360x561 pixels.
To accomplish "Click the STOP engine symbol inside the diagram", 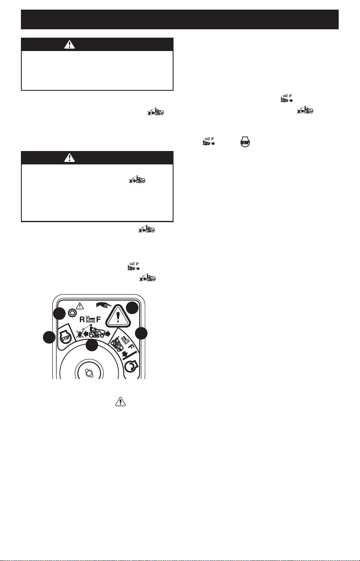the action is click(65, 338).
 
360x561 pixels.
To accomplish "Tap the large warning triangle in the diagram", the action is click(118, 315).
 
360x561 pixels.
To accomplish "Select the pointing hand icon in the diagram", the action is click(103, 305).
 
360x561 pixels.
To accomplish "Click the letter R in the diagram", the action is click(82, 319).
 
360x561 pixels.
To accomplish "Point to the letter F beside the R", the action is click(98, 319).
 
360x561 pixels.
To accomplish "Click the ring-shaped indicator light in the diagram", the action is click(73, 313).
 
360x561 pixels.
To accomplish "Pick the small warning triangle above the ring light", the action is click(79, 305).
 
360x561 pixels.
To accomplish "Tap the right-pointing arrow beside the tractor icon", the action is click(107, 333).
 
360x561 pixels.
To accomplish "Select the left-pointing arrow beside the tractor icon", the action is click(86, 333).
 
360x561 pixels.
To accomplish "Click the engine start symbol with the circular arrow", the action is click(131, 367).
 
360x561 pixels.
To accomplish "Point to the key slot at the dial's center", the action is click(89, 373).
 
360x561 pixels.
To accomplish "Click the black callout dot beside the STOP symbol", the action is click(49, 337).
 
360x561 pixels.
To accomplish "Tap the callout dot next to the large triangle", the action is click(132, 308).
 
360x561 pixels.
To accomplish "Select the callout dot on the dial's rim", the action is click(92, 345).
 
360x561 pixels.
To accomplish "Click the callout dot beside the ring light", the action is click(59, 313).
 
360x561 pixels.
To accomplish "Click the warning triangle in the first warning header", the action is click(69, 44).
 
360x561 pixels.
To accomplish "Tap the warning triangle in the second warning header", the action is click(69, 158).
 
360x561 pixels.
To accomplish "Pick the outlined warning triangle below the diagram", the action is click(120, 401).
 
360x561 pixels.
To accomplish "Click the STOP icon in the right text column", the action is click(245, 142).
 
